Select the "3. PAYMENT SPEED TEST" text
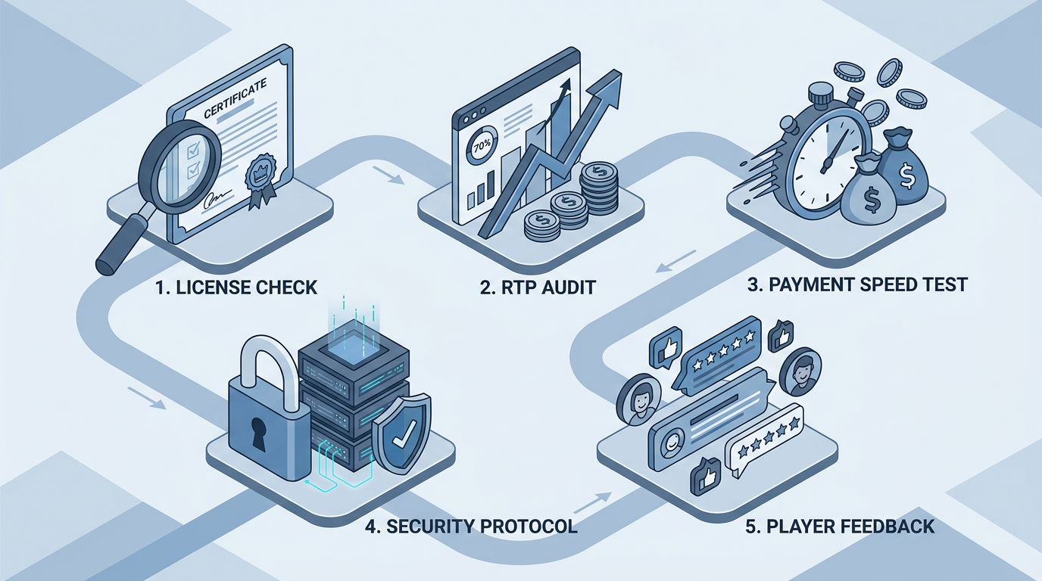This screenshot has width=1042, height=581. tap(857, 285)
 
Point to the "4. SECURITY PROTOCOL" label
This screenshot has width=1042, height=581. tap(471, 527)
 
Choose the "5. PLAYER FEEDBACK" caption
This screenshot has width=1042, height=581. tap(840, 527)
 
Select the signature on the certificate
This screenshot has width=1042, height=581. tap(215, 197)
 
